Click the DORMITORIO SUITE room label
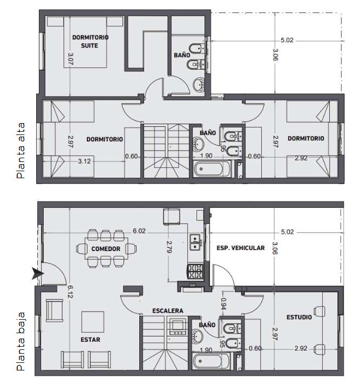click(90, 42)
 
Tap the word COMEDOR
click(106, 249)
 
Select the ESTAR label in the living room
click(90, 340)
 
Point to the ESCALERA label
click(168, 310)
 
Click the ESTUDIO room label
click(299, 317)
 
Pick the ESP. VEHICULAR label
click(241, 248)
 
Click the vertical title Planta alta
click(21, 151)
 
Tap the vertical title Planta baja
click(21, 341)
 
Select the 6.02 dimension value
click(139, 231)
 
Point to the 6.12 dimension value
click(70, 292)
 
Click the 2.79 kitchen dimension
click(169, 247)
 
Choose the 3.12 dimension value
click(84, 161)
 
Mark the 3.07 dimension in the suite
click(70, 59)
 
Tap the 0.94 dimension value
click(223, 303)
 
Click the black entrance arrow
click(38, 274)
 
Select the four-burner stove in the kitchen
click(195, 272)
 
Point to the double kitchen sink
click(195, 242)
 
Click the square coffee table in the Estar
click(93, 322)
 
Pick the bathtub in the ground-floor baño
click(211, 361)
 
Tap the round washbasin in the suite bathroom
click(199, 85)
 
